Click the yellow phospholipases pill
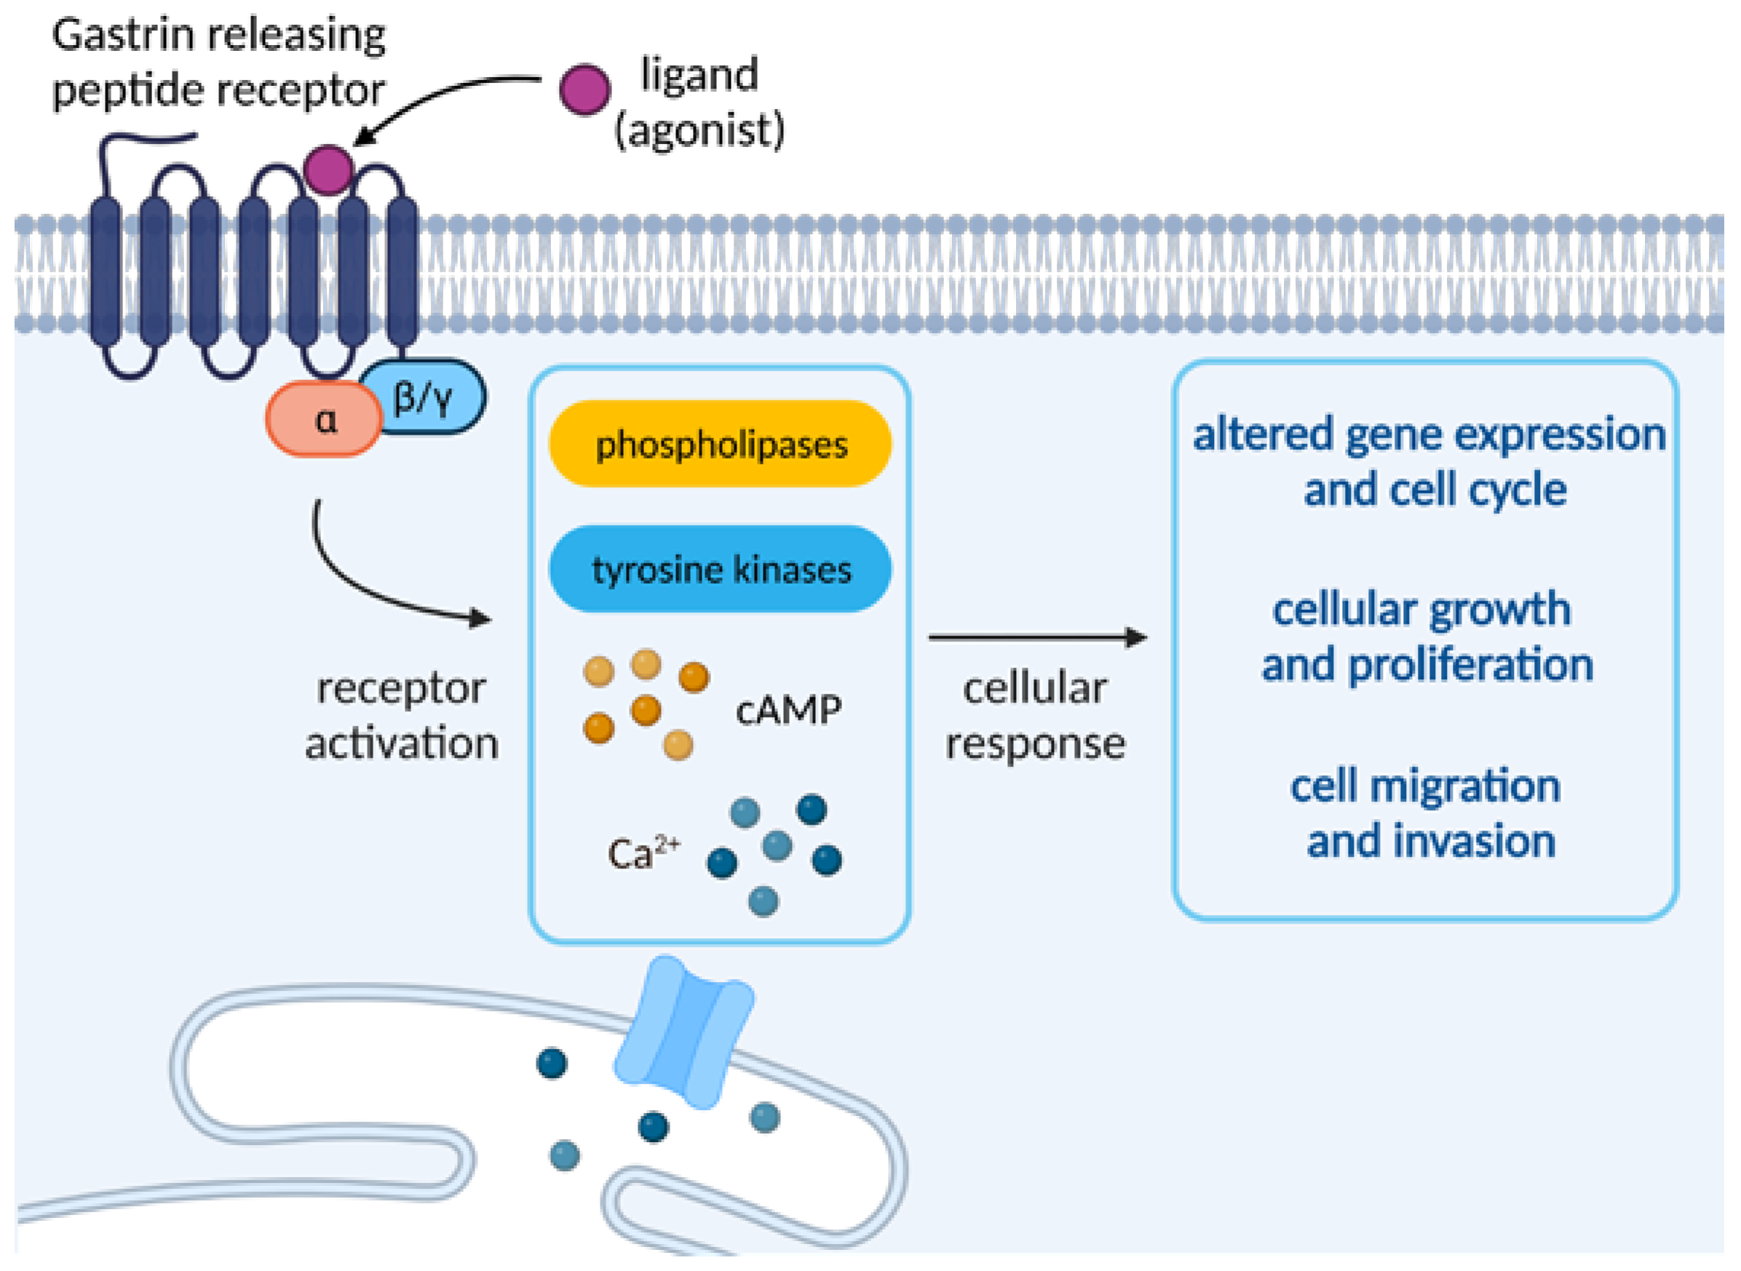(719, 444)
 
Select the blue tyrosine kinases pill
(719, 569)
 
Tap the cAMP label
(788, 709)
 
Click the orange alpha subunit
(323, 419)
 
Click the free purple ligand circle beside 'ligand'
(584, 90)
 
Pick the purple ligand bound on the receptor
(328, 170)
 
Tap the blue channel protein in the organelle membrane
(684, 1032)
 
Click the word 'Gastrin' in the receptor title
(123, 36)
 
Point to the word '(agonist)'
(699, 130)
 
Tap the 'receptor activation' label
(402, 716)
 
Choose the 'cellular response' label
(1036, 716)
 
